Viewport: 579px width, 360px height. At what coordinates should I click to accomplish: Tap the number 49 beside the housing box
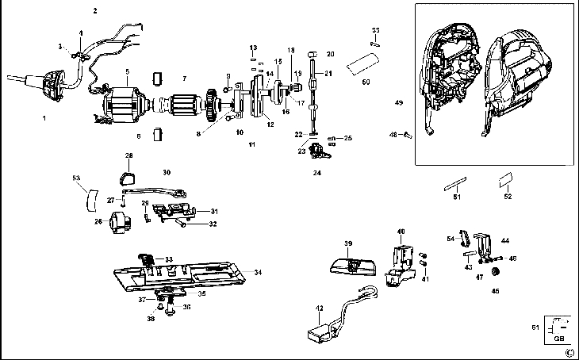(399, 103)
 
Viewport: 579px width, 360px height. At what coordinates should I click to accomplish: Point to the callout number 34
(258, 272)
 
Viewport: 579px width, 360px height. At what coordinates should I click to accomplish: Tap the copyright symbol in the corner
(569, 352)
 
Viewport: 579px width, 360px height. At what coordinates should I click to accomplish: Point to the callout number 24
(316, 172)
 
